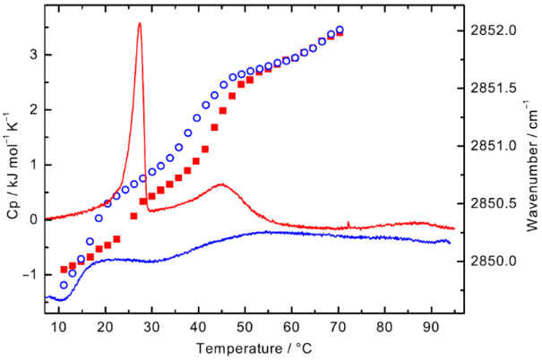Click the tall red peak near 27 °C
[140, 24]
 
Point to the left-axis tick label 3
[32, 55]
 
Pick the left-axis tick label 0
[32, 219]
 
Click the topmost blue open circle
[340, 30]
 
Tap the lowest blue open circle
[64, 285]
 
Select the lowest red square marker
[64, 269]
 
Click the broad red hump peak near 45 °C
[220, 185]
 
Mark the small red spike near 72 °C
[348, 223]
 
